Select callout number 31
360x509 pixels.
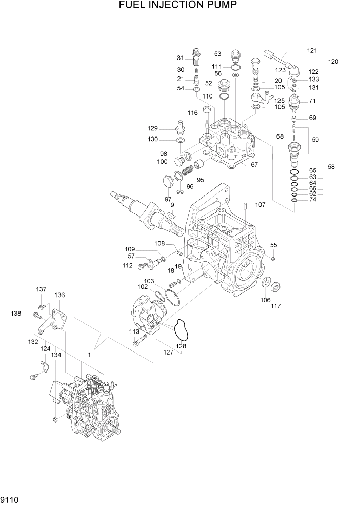pos(181,57)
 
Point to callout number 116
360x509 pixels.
pos(192,113)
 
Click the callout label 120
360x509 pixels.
pos(333,62)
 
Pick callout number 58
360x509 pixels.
pos(332,167)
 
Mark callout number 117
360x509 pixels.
pos(276,306)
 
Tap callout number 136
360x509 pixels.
pos(60,295)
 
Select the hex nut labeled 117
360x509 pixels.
pos(275,285)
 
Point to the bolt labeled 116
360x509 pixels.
pos(207,118)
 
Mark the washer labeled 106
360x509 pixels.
pos(266,283)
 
